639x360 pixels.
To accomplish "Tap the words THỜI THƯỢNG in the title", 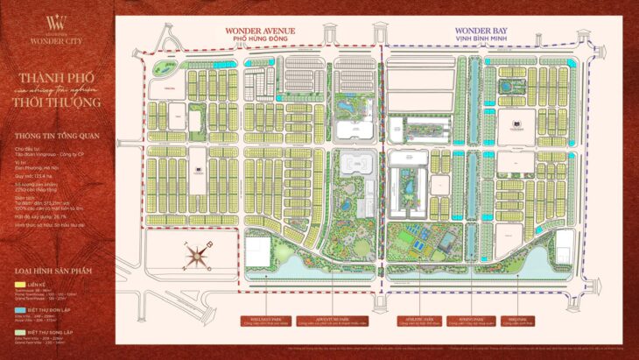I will pyautogui.click(x=58, y=102).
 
